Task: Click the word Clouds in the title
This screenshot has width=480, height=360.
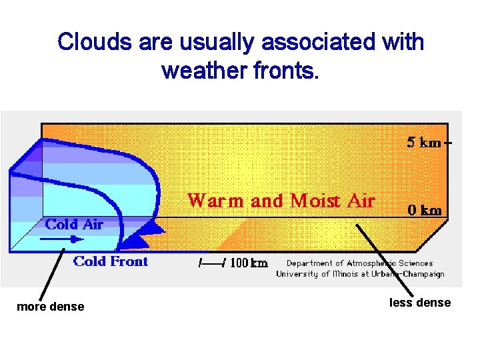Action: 95,42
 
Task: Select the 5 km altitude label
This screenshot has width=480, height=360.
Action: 424,143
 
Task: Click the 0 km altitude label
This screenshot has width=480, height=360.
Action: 424,210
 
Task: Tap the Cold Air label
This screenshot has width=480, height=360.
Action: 74,225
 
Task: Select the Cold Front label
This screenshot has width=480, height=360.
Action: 111,261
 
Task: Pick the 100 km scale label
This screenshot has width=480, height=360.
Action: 249,263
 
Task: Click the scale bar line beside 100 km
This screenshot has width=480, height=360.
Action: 213,263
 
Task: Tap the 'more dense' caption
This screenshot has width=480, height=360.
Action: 51,307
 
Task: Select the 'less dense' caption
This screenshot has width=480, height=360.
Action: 420,303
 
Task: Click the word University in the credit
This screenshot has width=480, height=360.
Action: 299,274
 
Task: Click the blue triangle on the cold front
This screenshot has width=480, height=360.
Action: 154,229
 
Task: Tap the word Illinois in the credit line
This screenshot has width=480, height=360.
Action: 357,274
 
